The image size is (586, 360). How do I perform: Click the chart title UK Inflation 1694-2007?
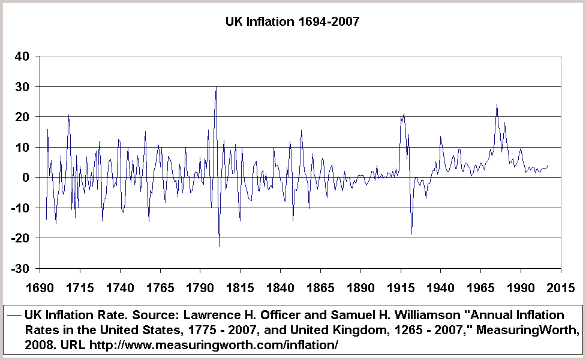pyautogui.click(x=292, y=22)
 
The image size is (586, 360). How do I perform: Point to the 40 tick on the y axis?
pyautogui.click(x=22, y=57)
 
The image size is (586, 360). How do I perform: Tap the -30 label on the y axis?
pyautogui.click(x=19, y=268)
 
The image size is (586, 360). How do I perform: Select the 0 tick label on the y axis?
pyautogui.click(x=26, y=178)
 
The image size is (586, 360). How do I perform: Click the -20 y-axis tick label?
pyautogui.click(x=19, y=238)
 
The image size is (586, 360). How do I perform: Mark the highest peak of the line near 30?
pyautogui.click(x=216, y=86)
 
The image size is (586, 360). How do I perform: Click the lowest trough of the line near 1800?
pyautogui.click(x=219, y=247)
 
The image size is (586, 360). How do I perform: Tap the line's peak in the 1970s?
pyautogui.click(x=497, y=104)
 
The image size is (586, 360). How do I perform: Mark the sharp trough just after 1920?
pyautogui.click(x=411, y=234)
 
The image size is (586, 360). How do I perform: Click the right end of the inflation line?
pyautogui.click(x=548, y=165)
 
